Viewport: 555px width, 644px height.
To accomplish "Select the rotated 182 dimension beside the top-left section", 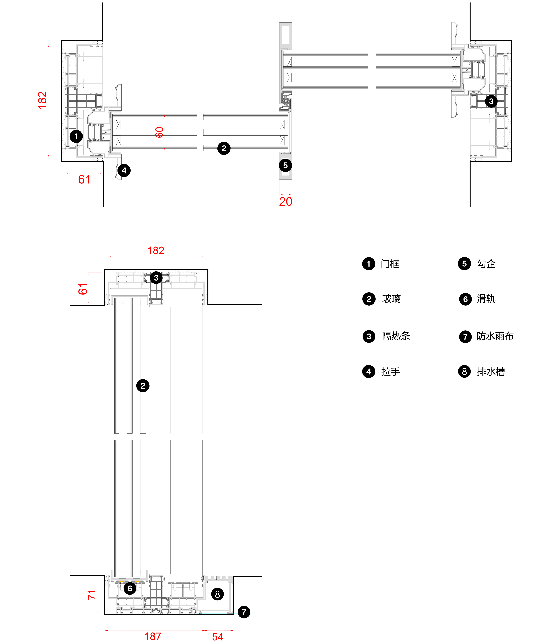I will [42, 100].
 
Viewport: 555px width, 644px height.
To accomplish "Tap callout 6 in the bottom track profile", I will [130, 588].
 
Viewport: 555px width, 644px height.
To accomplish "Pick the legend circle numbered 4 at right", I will [369, 371].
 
